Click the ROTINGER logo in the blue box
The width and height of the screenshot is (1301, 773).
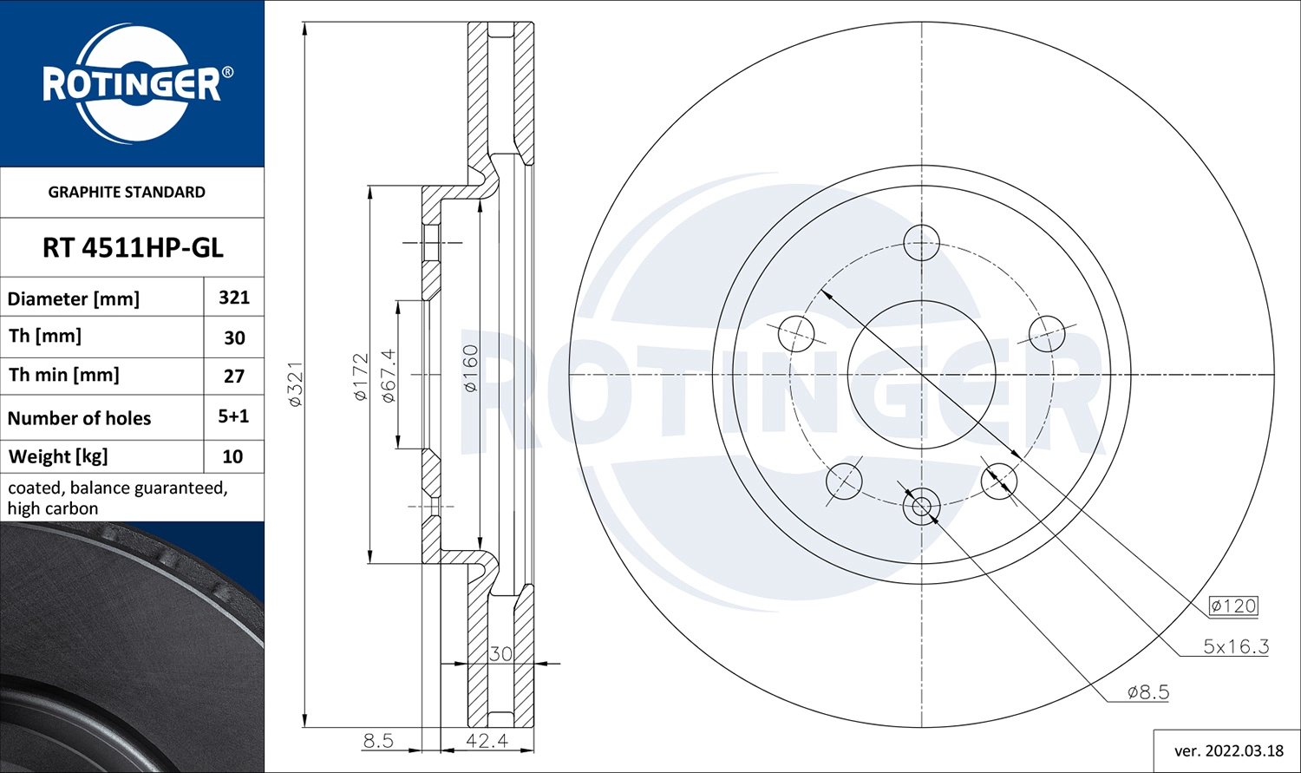click(132, 84)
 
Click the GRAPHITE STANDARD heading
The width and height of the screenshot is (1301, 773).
click(127, 193)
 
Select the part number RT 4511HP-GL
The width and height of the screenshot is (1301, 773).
click(133, 248)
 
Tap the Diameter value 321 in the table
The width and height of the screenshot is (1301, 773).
click(234, 298)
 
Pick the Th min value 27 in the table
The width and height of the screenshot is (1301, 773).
click(234, 376)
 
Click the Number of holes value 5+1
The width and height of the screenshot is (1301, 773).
click(233, 416)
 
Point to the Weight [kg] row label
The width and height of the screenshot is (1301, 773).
click(58, 456)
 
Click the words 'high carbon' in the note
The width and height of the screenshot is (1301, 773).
click(53, 508)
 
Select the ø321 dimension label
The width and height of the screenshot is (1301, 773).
click(295, 384)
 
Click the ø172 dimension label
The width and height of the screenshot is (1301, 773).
click(361, 377)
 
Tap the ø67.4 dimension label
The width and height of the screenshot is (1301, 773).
click(388, 376)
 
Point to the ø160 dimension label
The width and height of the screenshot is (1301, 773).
click(469, 369)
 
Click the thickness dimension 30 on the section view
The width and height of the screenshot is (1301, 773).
click(500, 653)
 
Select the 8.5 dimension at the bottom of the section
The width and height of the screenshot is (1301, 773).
click(378, 740)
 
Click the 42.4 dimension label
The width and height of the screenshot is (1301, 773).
click(487, 740)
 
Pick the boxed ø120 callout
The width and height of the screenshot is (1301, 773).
click(1233, 606)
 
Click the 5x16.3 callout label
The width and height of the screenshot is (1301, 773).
click(1235, 646)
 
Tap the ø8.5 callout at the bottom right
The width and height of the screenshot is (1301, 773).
click(1147, 692)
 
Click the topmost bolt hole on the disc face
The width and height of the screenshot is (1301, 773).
click(921, 243)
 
